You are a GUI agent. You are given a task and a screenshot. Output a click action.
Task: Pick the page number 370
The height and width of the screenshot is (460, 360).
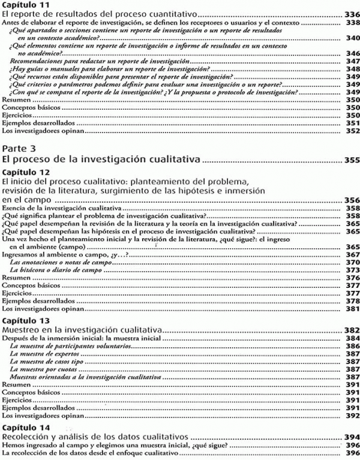pos(352,262)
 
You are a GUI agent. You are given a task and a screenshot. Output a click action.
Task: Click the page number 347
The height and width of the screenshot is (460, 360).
pos(352,61)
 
